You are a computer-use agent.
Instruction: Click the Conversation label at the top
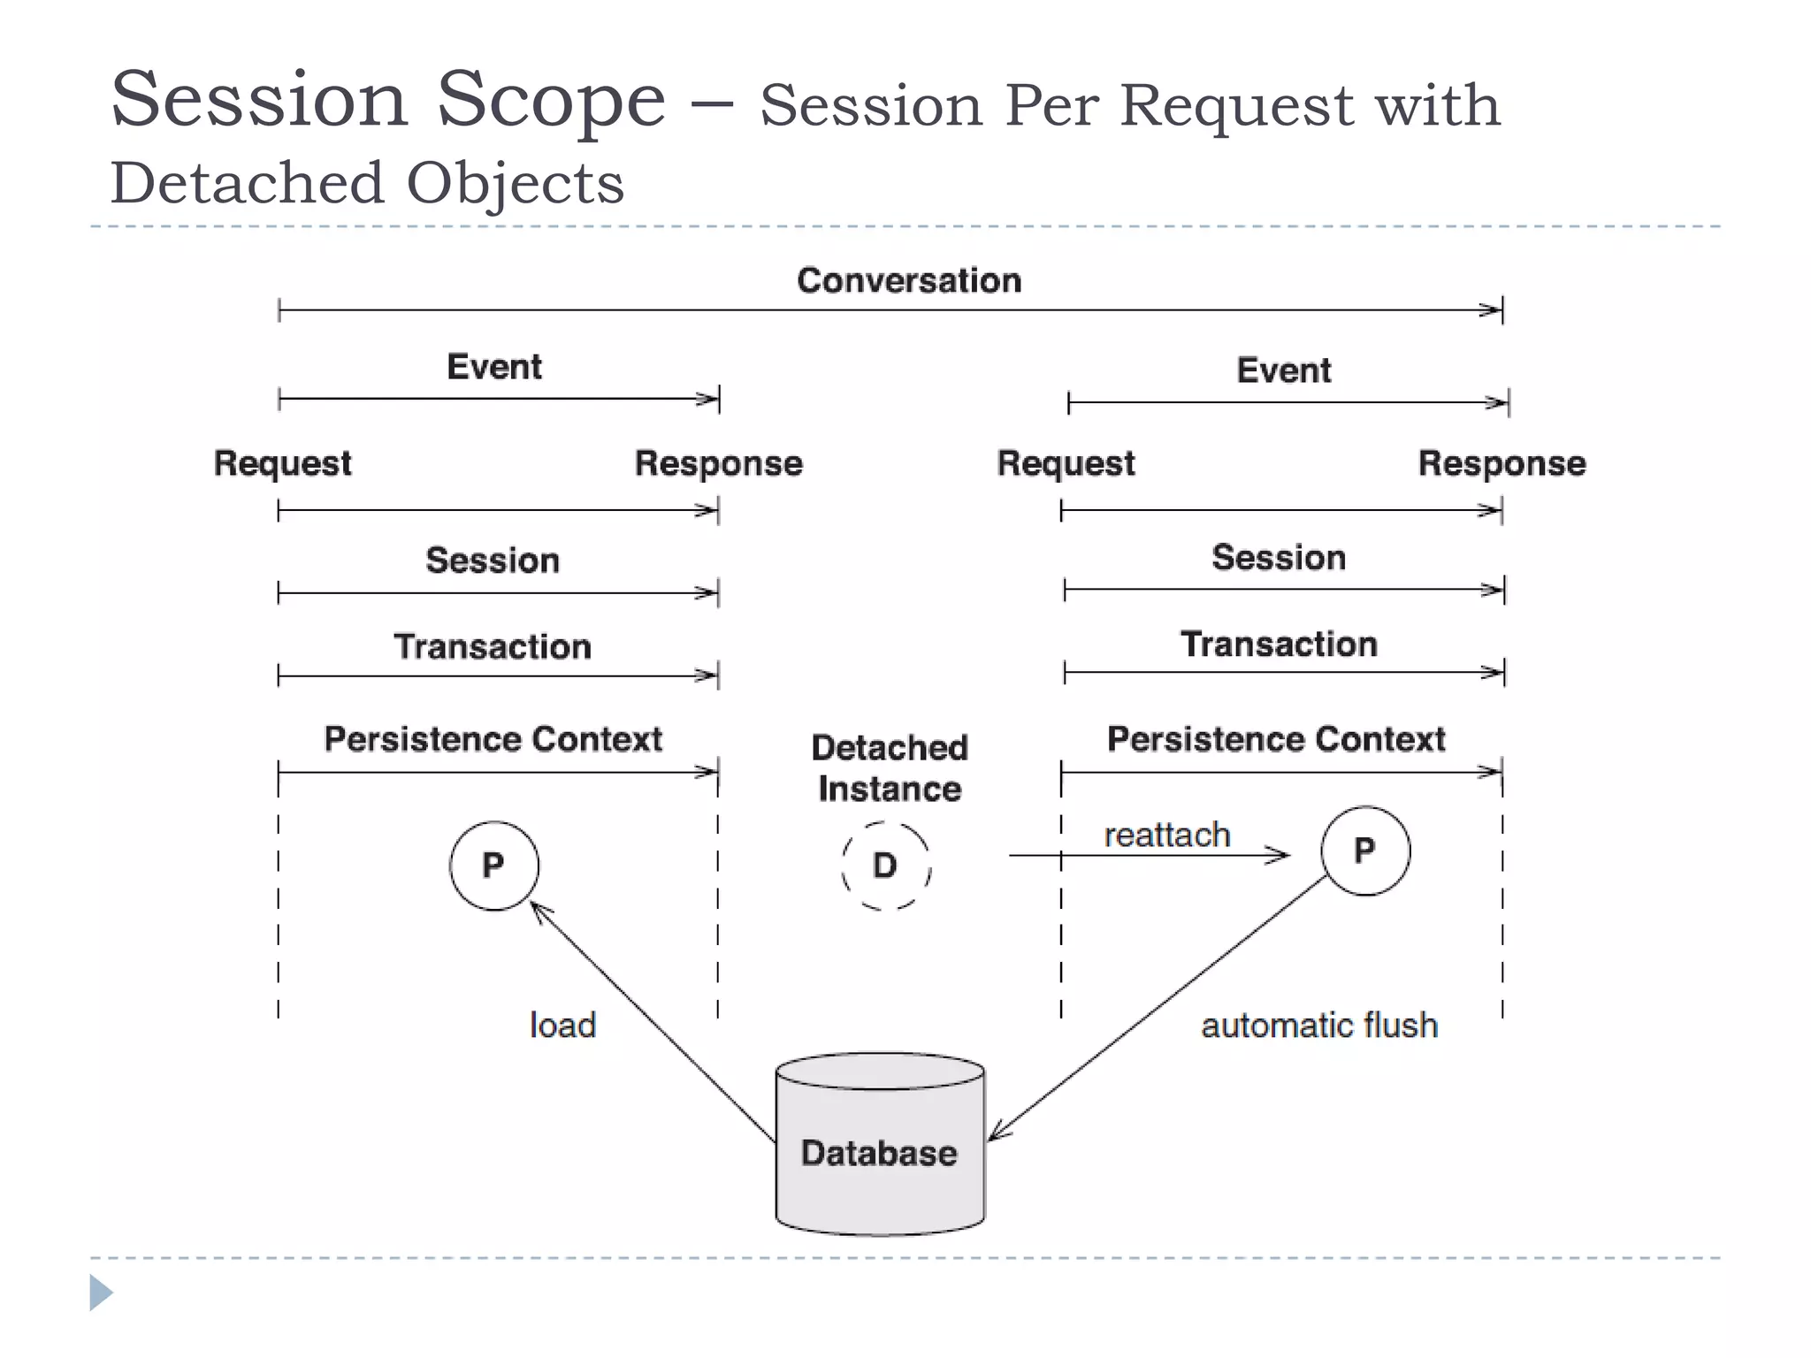[x=908, y=280]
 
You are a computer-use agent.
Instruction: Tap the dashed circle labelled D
[x=885, y=866]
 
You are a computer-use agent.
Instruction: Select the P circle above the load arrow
[x=493, y=866]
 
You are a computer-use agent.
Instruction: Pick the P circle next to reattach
[x=1364, y=851]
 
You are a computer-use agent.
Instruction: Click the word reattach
[x=1166, y=835]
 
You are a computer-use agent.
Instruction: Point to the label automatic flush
[x=1318, y=1026]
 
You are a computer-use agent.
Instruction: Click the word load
[x=562, y=1026]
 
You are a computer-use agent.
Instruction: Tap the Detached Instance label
[x=889, y=767]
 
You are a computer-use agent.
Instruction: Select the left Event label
[x=493, y=367]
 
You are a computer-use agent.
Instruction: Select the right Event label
[x=1283, y=370]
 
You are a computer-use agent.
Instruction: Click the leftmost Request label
[x=282, y=463]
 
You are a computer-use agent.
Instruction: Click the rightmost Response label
[x=1501, y=463]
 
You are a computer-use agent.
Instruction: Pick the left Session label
[x=492, y=561]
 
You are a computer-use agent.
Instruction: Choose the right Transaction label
[x=1279, y=645]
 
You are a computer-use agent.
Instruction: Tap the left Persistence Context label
[x=493, y=739]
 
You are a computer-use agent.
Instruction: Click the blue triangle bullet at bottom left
[x=100, y=1293]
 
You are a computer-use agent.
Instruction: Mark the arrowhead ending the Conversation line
[x=1493, y=310]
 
